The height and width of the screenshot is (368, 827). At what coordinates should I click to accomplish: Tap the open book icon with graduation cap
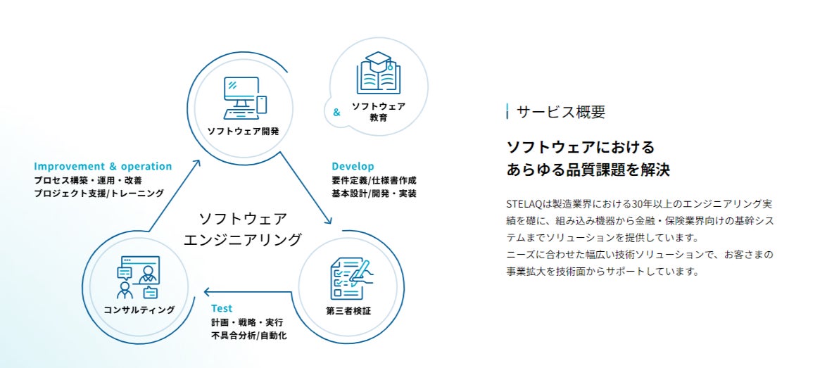click(378, 73)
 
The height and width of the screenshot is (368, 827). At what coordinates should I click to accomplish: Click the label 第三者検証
click(348, 310)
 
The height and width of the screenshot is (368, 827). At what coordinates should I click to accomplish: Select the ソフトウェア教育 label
click(379, 112)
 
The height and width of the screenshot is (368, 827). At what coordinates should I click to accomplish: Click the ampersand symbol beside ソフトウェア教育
click(336, 112)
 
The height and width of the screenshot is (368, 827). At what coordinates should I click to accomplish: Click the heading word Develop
click(353, 167)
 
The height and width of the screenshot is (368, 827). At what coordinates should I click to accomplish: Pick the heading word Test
click(222, 308)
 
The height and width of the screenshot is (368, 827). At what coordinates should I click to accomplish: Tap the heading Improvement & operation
click(103, 167)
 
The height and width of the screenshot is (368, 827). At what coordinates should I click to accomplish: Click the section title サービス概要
click(560, 112)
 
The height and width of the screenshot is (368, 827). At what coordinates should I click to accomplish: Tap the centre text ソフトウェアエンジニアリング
click(242, 229)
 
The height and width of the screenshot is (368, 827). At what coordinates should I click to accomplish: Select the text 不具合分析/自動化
click(248, 336)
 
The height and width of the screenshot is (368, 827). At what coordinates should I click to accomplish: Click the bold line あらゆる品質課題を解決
click(588, 170)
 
